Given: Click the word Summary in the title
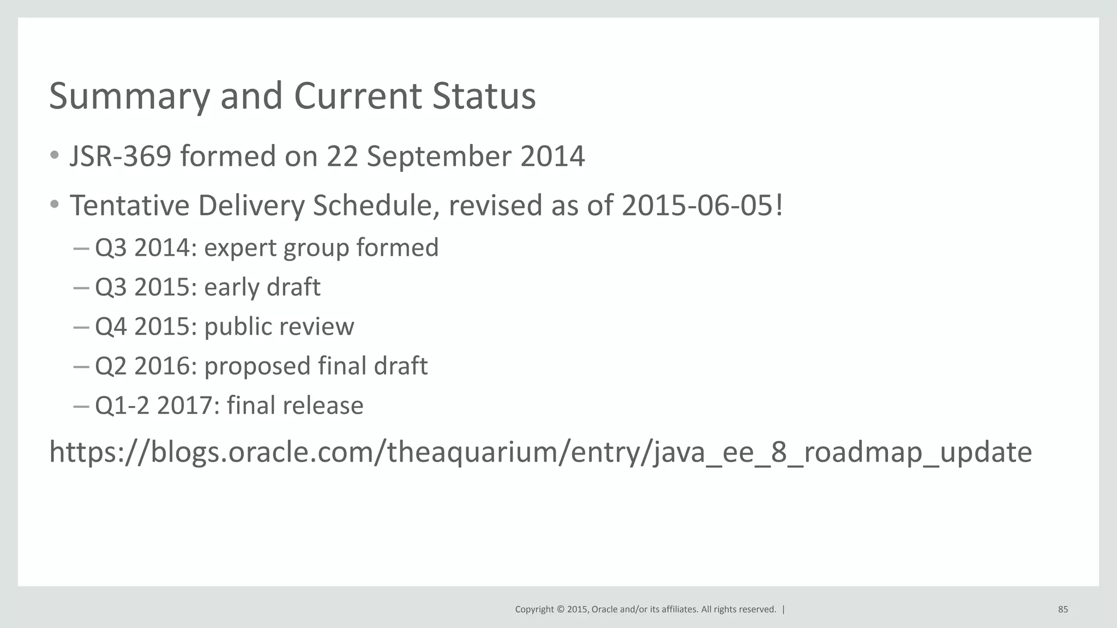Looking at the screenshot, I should [x=129, y=96].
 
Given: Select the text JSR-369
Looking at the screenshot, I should [x=121, y=156].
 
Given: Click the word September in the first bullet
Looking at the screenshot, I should [x=439, y=156].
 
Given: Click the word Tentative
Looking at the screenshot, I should [x=129, y=206].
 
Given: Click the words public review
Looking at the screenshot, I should [x=279, y=327].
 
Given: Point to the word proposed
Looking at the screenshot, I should [x=257, y=366].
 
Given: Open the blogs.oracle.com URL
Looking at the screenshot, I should [x=540, y=452].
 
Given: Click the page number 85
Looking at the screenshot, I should [x=1063, y=609].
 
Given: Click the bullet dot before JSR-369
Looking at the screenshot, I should [x=54, y=156].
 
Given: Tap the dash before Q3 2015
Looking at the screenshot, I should [x=81, y=288].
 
